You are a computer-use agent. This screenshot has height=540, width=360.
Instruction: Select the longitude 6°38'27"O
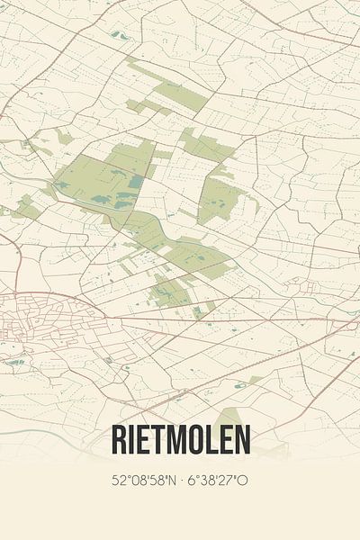tap(215, 481)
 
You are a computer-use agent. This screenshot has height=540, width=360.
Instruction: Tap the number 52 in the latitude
tap(119, 481)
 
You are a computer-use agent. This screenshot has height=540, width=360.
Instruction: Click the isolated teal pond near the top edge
tap(118, 35)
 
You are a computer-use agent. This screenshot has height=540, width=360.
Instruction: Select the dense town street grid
tap(36, 324)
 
